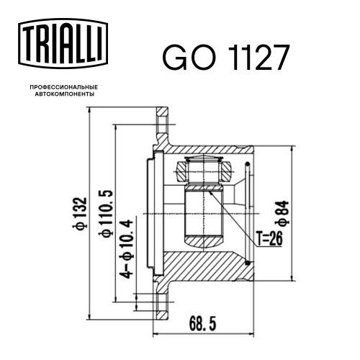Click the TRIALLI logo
tap(63, 44)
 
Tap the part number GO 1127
tap(225, 58)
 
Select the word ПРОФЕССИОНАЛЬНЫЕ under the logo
tap(64, 87)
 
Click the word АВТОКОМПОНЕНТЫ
tap(65, 94)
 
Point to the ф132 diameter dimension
tap(80, 213)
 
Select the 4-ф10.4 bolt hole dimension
tap(127, 249)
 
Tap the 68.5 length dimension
tap(202, 323)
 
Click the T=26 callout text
tap(269, 238)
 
